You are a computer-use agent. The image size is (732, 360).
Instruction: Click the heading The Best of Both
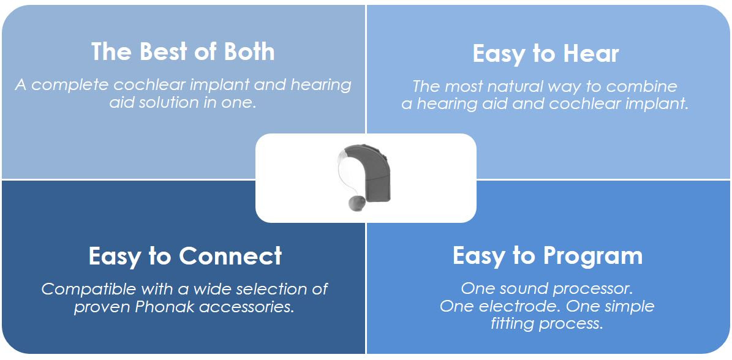[x=183, y=51]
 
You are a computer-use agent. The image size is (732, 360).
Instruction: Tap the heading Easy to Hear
[x=546, y=54]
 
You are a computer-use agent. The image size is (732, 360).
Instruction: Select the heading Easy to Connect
[x=186, y=255]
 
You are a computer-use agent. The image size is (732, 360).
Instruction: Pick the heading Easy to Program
[x=548, y=256]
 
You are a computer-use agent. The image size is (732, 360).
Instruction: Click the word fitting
[x=510, y=324]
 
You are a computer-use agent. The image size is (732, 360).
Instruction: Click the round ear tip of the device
[x=357, y=203]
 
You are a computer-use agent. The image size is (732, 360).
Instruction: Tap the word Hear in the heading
[x=591, y=53]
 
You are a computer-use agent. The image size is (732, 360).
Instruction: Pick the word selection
[x=271, y=289]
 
